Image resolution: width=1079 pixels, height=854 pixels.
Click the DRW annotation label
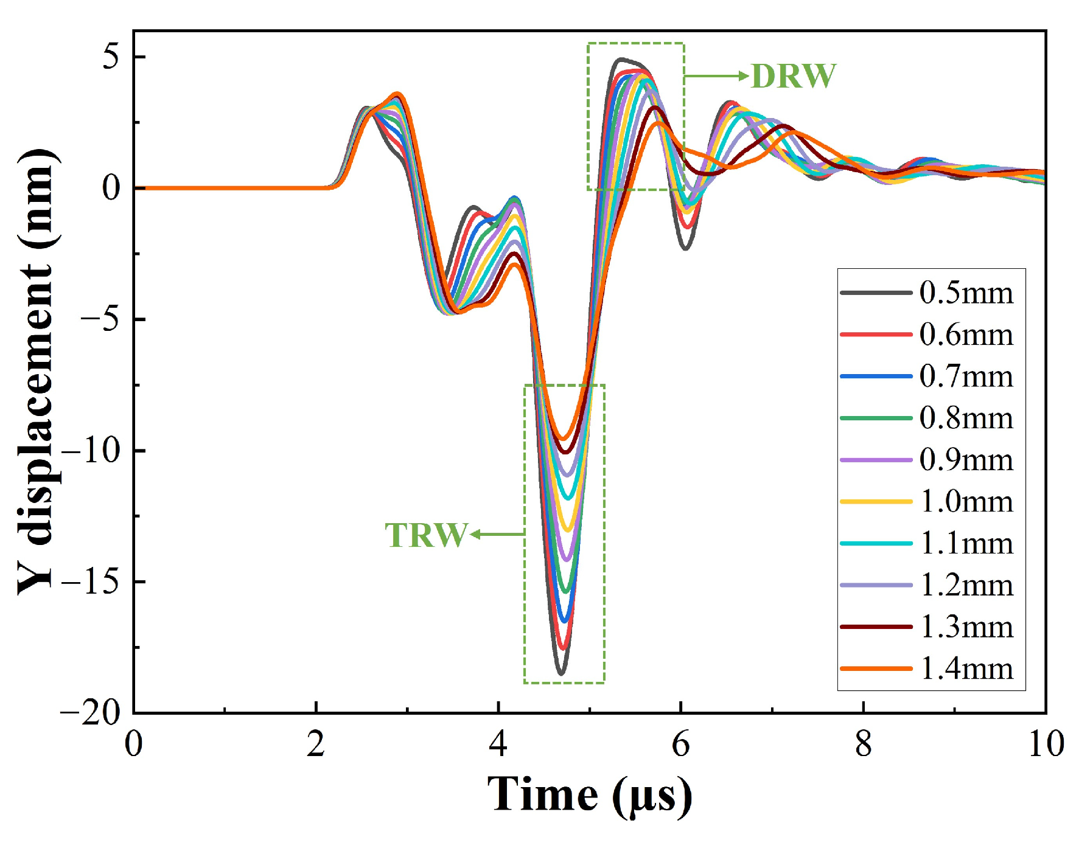[x=794, y=77]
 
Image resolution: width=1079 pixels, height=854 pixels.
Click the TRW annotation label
[x=426, y=535]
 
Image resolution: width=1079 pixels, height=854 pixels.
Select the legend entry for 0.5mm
[x=966, y=293]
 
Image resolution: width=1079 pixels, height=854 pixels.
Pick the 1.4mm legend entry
[x=966, y=668]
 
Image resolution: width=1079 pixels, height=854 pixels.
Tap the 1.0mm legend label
[x=966, y=502]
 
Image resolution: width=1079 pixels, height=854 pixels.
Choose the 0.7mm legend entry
[x=966, y=377]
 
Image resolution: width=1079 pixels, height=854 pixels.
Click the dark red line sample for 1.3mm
[x=876, y=627]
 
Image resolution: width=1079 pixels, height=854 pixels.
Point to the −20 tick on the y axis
[x=91, y=712]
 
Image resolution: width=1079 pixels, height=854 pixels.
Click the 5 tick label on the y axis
[x=111, y=57]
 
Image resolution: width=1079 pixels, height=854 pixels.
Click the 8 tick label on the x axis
[x=863, y=744]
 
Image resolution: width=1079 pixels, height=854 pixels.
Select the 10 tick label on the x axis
[x=1046, y=744]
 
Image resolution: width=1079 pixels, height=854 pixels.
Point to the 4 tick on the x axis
[x=498, y=744]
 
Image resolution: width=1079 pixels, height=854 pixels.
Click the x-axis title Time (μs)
[x=589, y=795]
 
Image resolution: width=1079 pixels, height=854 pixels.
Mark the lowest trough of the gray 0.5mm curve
[x=561, y=673]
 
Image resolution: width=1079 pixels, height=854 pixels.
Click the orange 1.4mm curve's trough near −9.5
[x=564, y=439]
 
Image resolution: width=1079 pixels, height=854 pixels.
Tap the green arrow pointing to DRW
[x=717, y=76]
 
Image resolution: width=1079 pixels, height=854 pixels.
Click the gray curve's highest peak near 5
[x=620, y=59]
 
